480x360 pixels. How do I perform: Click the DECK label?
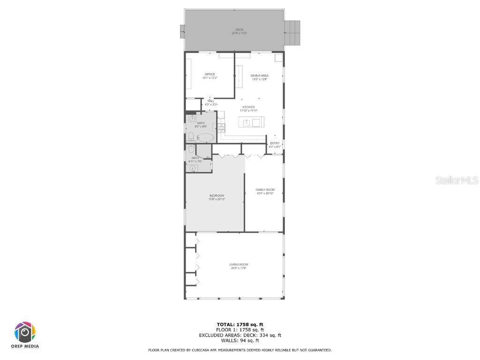click(239, 30)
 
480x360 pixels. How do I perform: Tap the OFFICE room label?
click(210, 75)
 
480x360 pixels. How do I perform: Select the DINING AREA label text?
click(259, 75)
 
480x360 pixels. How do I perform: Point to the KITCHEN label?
click(248, 107)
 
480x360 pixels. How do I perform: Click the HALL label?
click(210, 101)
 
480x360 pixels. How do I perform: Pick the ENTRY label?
click(274, 143)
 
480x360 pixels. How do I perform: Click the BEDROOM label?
click(217, 195)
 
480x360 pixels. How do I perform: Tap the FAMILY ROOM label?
click(265, 190)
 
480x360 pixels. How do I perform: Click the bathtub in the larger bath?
click(205, 138)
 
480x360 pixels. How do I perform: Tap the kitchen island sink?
click(247, 123)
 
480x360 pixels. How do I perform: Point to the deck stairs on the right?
click(292, 32)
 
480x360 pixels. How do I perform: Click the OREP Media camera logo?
click(25, 333)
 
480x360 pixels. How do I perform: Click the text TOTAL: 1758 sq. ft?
click(240, 324)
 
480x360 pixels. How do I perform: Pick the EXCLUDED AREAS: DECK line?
click(240, 335)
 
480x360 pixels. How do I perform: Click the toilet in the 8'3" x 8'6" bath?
click(191, 136)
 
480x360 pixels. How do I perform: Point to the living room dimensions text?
click(239, 268)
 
